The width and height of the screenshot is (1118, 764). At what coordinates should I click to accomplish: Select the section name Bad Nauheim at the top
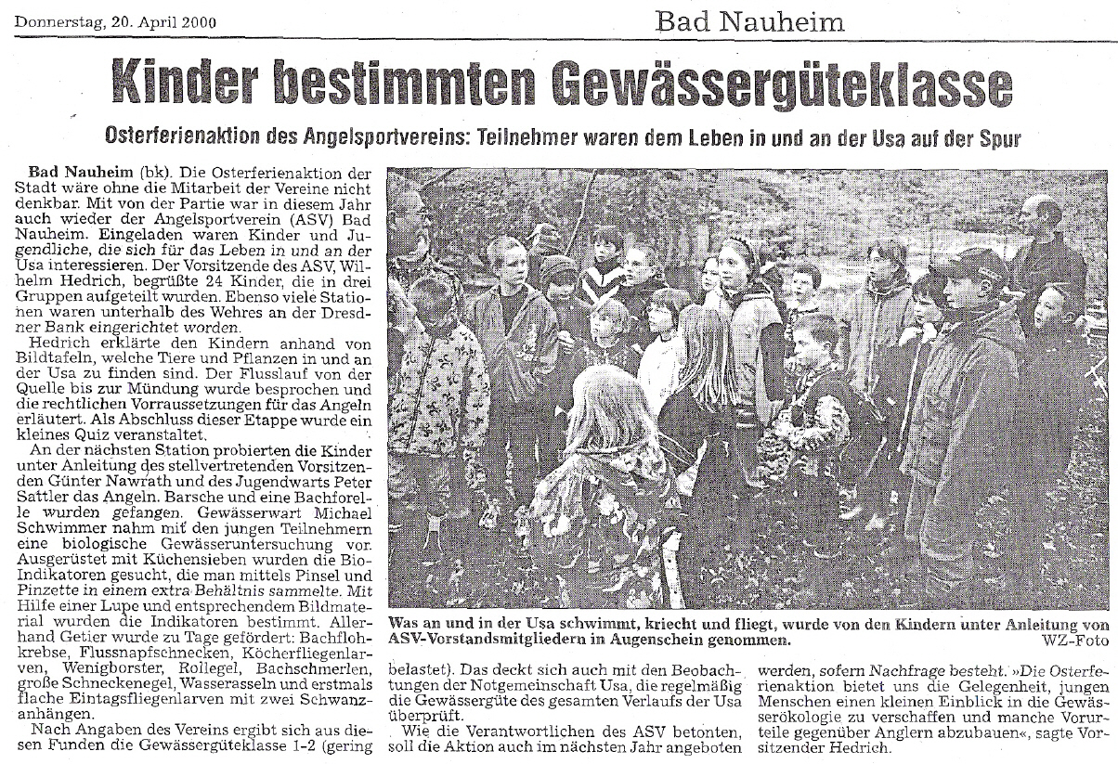click(x=749, y=20)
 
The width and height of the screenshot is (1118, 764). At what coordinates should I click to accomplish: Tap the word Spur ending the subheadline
click(x=999, y=139)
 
